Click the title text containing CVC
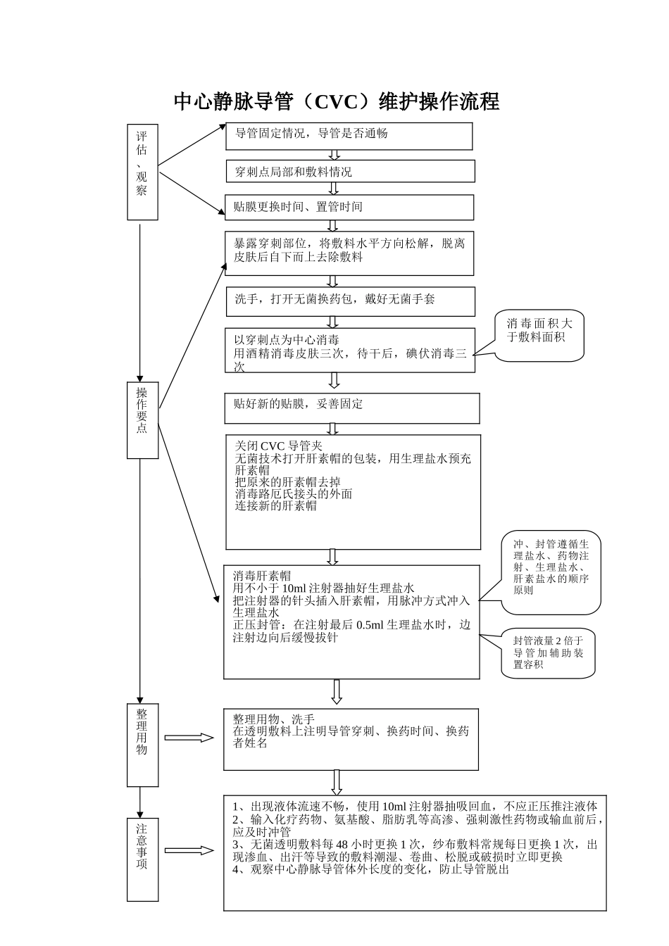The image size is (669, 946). coord(336,102)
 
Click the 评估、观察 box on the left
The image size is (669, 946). coord(142,172)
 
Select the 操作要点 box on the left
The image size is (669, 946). coord(142,420)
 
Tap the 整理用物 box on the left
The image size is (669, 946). coord(142,744)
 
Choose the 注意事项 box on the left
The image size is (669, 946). coord(142,859)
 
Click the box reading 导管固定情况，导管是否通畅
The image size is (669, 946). coord(349,136)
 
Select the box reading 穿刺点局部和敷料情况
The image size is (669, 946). coord(350,172)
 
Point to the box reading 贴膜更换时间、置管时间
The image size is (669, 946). coord(349,207)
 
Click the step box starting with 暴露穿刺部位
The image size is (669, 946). coord(349,253)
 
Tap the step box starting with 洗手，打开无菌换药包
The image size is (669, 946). coord(350,301)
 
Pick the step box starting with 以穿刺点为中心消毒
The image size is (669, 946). coord(350,351)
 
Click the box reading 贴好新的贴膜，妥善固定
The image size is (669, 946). coord(352,408)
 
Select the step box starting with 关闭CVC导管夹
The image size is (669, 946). coord(353,492)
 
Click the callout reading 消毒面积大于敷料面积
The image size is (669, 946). coord(540,335)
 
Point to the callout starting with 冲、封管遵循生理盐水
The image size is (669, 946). coord(551,571)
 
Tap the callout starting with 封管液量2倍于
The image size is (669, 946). coord(549,652)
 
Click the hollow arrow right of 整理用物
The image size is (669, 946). coord(189,738)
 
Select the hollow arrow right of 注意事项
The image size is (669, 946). coord(189,850)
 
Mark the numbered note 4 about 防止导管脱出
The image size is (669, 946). coord(370,869)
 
